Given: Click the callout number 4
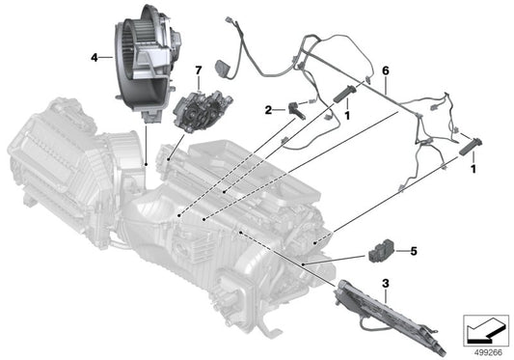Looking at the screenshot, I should point(95,57).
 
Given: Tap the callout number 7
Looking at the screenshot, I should point(199,70).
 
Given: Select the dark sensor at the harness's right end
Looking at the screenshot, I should point(472,147).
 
